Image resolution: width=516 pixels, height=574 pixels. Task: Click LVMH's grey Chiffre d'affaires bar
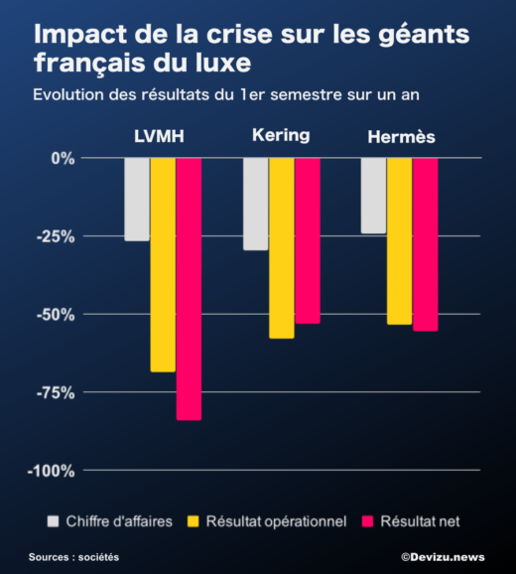pos(137,199)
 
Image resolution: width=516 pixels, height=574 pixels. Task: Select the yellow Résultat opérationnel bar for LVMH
pos(163,264)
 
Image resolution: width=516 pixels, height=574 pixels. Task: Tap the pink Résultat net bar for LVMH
pos(189,288)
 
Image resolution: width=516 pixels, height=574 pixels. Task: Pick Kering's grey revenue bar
pos(255,204)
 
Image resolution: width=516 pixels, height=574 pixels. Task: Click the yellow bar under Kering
pos(281,247)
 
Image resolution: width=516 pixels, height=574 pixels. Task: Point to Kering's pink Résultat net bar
pos(307,240)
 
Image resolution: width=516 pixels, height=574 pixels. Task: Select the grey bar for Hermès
pos(373,196)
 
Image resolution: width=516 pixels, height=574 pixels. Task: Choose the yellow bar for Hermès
pos(399,240)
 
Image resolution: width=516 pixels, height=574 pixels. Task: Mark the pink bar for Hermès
pos(425,244)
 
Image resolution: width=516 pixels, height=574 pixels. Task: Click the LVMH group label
pos(160,136)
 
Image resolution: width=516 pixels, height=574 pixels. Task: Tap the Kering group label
pos(281,135)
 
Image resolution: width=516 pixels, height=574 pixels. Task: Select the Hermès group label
pos(399,136)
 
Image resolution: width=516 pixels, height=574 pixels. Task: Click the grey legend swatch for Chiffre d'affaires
pos(54,520)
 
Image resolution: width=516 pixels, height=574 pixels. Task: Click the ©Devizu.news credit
pos(443,557)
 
